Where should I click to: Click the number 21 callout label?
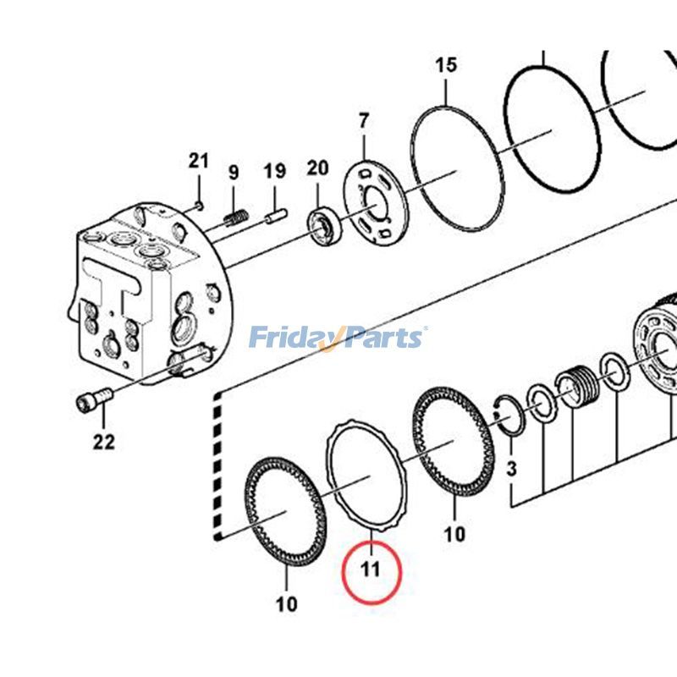coord(198,161)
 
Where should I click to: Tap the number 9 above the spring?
coord(234,173)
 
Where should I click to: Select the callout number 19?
coord(274,173)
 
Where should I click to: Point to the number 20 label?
coord(316,168)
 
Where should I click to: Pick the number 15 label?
coord(446,64)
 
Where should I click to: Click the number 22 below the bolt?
coord(103,441)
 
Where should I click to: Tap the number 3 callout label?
coord(510,468)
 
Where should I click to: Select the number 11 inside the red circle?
coord(371,569)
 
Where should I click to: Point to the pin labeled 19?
coord(273,218)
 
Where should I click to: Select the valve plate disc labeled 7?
coord(375,203)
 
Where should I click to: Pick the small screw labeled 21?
coord(198,202)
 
